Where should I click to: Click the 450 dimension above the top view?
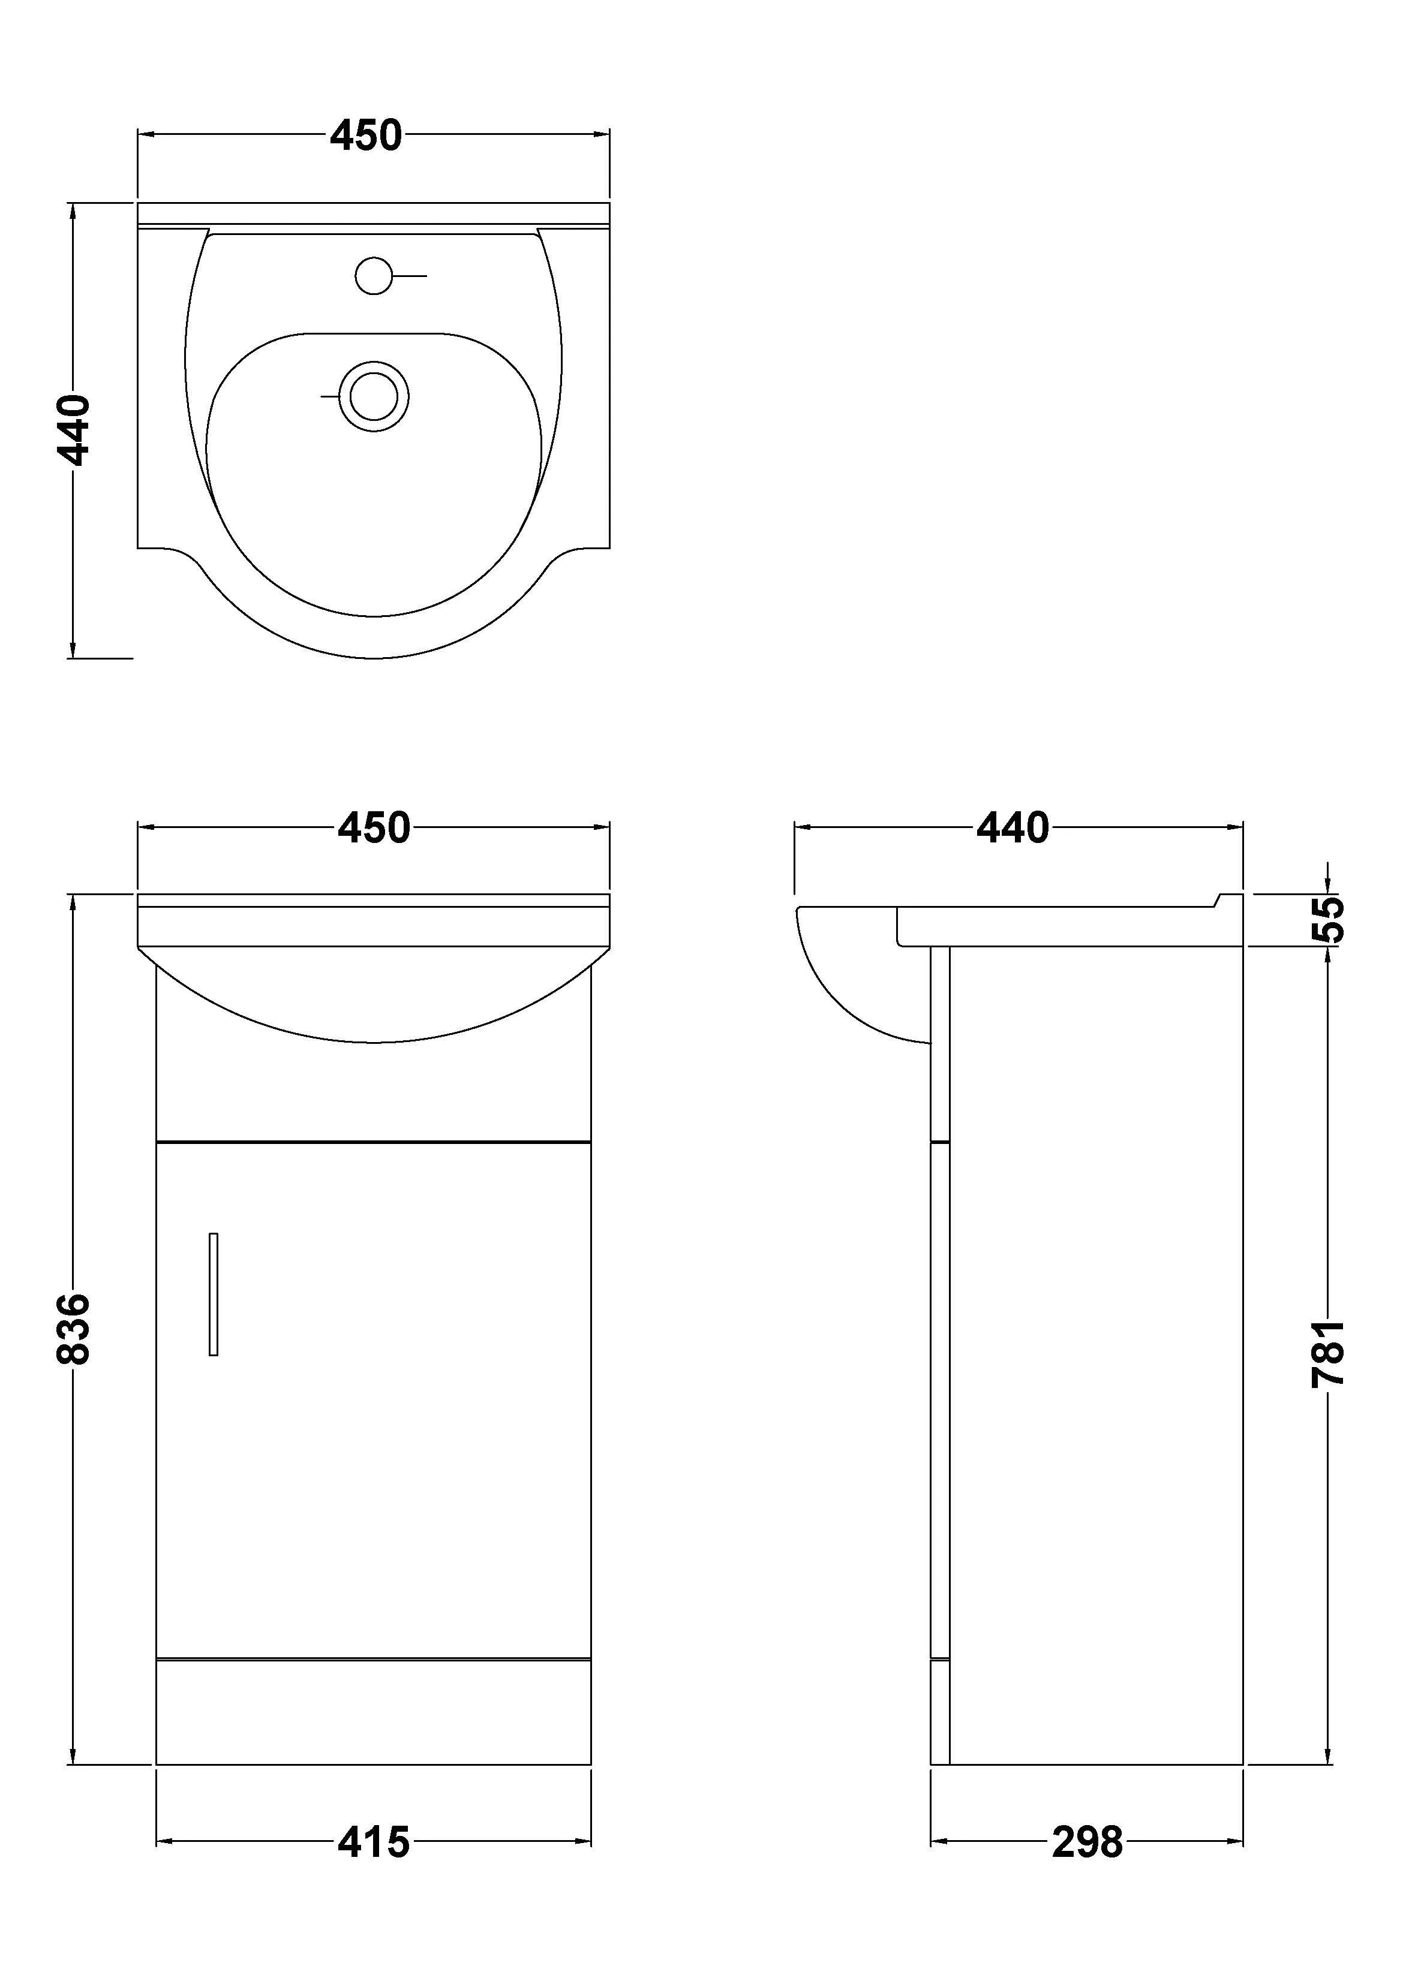[366, 136]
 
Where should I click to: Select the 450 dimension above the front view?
[374, 828]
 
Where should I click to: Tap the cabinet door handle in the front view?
[214, 1293]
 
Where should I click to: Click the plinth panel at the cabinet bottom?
[374, 1712]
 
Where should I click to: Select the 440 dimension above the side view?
[1013, 828]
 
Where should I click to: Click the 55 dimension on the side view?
[1329, 919]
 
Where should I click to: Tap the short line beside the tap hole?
[411, 276]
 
